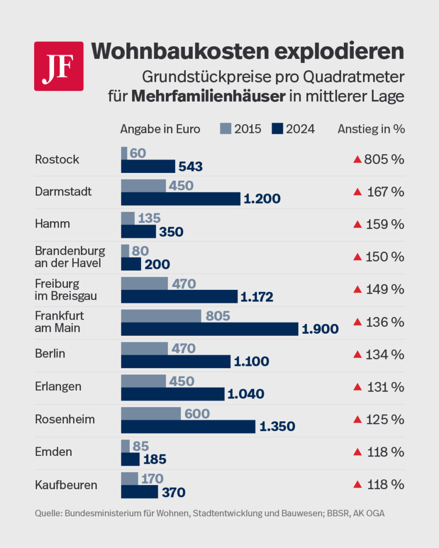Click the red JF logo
point(59,66)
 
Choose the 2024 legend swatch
point(277,129)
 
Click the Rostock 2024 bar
point(148,167)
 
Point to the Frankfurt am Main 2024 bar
point(209,329)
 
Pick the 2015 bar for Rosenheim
point(151,414)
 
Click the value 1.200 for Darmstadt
point(262,199)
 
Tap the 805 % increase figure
point(384,159)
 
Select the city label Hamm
point(52,224)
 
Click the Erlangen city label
point(58,387)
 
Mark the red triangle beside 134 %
point(357,354)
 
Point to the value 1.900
point(320,329)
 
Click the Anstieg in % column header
point(371,129)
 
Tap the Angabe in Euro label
point(160,129)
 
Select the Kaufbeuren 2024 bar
point(139,491)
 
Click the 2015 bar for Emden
point(125,446)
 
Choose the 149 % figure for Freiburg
point(384,289)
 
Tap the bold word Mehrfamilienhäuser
point(208,96)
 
